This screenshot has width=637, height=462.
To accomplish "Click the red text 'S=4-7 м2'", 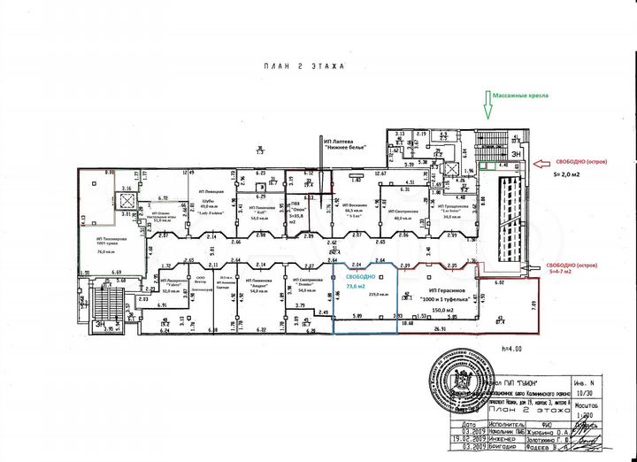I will click(x=567, y=273).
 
